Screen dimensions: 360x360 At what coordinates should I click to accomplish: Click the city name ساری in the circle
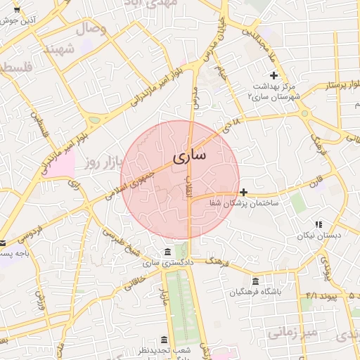coord(188,155)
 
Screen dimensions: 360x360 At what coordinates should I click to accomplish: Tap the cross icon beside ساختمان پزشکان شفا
coord(243,192)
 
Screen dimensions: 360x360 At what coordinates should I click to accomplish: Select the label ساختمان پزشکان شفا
coord(244,202)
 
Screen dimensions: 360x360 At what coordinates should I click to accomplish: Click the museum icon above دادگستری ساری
coord(167,252)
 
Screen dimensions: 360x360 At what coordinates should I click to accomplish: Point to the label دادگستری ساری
coord(167,263)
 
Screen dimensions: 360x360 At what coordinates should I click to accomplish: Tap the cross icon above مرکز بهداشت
coord(274,75)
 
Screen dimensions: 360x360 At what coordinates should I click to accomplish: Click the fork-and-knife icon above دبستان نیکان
coord(319,225)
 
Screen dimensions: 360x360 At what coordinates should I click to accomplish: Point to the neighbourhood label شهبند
coord(58,50)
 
